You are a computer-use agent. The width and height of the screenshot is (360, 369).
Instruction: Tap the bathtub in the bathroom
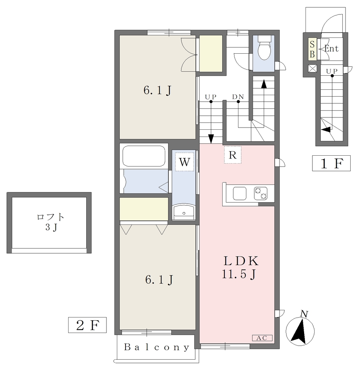pos(144,156)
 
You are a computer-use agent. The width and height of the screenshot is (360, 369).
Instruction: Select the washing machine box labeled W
pos(184,162)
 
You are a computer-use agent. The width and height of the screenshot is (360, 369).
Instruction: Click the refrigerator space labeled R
pos(233,155)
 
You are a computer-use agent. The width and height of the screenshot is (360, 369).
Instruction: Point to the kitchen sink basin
pos(240,194)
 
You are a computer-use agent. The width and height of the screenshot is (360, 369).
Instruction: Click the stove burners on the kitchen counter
pos(260,193)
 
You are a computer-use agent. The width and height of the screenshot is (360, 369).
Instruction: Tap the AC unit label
pos(262,338)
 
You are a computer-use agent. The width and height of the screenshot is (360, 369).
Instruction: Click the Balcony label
pos(157,347)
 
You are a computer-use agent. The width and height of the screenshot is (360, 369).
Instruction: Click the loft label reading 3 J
pos(51,227)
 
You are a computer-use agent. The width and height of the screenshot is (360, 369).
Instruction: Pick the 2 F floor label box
pos(87,325)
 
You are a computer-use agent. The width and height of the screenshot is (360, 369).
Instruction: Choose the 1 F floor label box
pos(331,163)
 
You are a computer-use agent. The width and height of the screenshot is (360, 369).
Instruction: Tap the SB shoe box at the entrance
pos(312,49)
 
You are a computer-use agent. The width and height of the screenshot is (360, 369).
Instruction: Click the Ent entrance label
pos(332,49)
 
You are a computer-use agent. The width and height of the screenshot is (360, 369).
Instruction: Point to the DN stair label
pos(238,97)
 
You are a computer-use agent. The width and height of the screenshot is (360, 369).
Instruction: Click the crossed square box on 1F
pos(313,69)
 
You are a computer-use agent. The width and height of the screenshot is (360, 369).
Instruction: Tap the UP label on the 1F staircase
pos(332,71)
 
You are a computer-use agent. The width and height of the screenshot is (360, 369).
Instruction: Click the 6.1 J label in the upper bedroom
pos(157,90)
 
